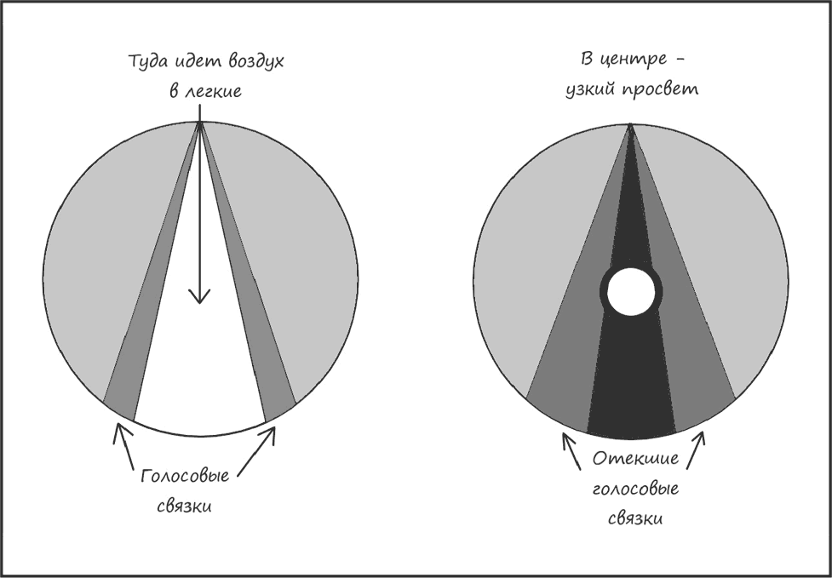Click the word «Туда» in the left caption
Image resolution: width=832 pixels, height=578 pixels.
[147, 61]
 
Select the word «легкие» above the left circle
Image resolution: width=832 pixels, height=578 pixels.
[212, 91]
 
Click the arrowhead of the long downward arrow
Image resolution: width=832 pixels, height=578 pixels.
[199, 296]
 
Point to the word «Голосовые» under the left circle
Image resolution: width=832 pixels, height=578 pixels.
[185, 476]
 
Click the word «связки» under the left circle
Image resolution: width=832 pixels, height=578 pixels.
[184, 506]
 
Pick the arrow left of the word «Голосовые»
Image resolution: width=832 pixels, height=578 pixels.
[123, 446]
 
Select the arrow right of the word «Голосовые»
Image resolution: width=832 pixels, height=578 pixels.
[256, 452]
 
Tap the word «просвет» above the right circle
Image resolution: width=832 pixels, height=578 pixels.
[658, 90]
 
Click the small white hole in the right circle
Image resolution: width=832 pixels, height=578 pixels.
[631, 292]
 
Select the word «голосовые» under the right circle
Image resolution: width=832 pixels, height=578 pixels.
[635, 488]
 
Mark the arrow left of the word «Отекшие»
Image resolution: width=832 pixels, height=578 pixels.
[571, 450]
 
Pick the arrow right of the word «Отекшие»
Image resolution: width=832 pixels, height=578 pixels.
[696, 450]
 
